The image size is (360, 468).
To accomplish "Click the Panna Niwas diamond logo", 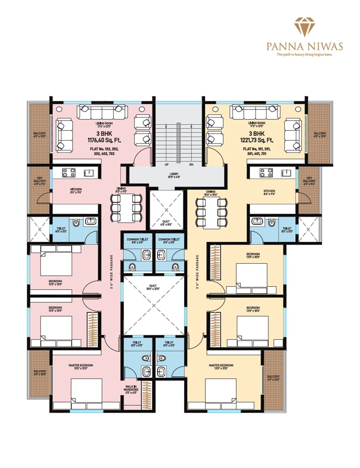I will click(x=304, y=27).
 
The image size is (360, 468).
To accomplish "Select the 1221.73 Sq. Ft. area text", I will click(x=257, y=140).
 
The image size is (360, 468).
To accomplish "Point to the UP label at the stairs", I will click(x=166, y=164).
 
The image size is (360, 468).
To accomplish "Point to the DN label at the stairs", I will click(x=191, y=164).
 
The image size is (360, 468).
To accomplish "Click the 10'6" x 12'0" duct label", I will click(x=153, y=287).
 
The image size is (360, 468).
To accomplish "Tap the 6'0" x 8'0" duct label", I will click(x=166, y=223).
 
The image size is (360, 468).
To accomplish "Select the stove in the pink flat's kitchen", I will click(x=69, y=173).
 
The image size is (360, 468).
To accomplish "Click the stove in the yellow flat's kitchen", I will click(x=266, y=173).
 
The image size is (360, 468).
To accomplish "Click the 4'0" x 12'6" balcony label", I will click(x=273, y=378).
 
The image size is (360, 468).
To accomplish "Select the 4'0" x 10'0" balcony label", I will click(x=40, y=373).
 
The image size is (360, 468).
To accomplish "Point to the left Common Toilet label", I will click(x=137, y=241).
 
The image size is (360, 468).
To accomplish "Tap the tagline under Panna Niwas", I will click(x=304, y=54).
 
